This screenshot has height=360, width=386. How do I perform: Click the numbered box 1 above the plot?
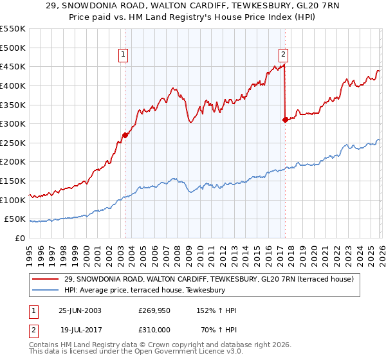(x=124, y=55)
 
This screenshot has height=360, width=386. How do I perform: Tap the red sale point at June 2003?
(x=125, y=135)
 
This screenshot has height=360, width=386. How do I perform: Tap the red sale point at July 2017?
(x=285, y=120)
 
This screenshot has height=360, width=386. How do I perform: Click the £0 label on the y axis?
(x=19, y=238)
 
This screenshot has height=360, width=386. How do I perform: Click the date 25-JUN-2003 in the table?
(x=80, y=310)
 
